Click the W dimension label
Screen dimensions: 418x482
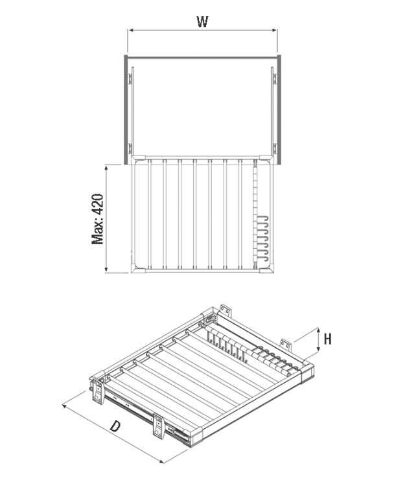(x=202, y=21)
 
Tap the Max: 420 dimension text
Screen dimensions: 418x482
(x=98, y=219)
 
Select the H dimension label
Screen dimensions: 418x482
(x=328, y=339)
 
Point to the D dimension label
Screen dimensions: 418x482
(x=115, y=426)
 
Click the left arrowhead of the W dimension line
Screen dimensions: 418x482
(x=130, y=30)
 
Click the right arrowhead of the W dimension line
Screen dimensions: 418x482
(x=274, y=30)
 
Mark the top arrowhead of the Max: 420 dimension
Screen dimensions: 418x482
(x=106, y=168)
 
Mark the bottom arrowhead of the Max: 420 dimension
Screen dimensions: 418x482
(x=106, y=270)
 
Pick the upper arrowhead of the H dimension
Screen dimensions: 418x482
(x=318, y=330)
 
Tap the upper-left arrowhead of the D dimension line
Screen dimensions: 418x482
(x=65, y=406)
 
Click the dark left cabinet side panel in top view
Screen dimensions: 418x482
(x=126, y=109)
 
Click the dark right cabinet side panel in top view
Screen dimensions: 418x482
(x=279, y=109)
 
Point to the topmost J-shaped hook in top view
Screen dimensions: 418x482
(x=263, y=220)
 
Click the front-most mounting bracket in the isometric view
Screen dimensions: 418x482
(x=158, y=427)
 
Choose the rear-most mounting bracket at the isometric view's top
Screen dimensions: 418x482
(x=225, y=311)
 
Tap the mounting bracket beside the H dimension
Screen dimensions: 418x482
(x=285, y=345)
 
